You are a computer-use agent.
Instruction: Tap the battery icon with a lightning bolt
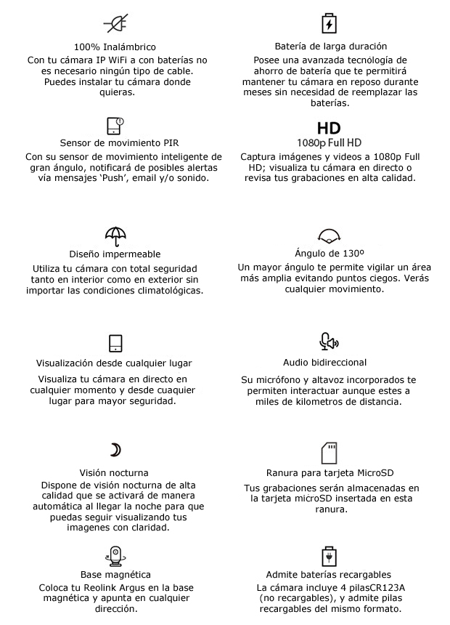point(330,23)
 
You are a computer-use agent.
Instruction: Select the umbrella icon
point(115,235)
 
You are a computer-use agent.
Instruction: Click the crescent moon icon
point(115,450)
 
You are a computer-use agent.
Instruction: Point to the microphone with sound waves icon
point(330,342)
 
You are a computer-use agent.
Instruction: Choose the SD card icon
point(330,453)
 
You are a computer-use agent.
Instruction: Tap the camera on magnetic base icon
point(116,556)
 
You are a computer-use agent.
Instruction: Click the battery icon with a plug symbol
point(330,557)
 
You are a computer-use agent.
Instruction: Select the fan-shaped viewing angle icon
point(330,236)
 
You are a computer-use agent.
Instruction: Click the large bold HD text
point(329,128)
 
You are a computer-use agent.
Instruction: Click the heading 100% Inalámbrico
point(115,47)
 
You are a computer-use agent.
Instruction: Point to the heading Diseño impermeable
point(115,254)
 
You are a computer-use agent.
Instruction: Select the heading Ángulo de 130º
point(330,254)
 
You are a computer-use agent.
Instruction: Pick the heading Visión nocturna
point(115,472)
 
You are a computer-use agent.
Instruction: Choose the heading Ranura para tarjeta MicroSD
point(330,473)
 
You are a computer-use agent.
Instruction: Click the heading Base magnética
point(115,574)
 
